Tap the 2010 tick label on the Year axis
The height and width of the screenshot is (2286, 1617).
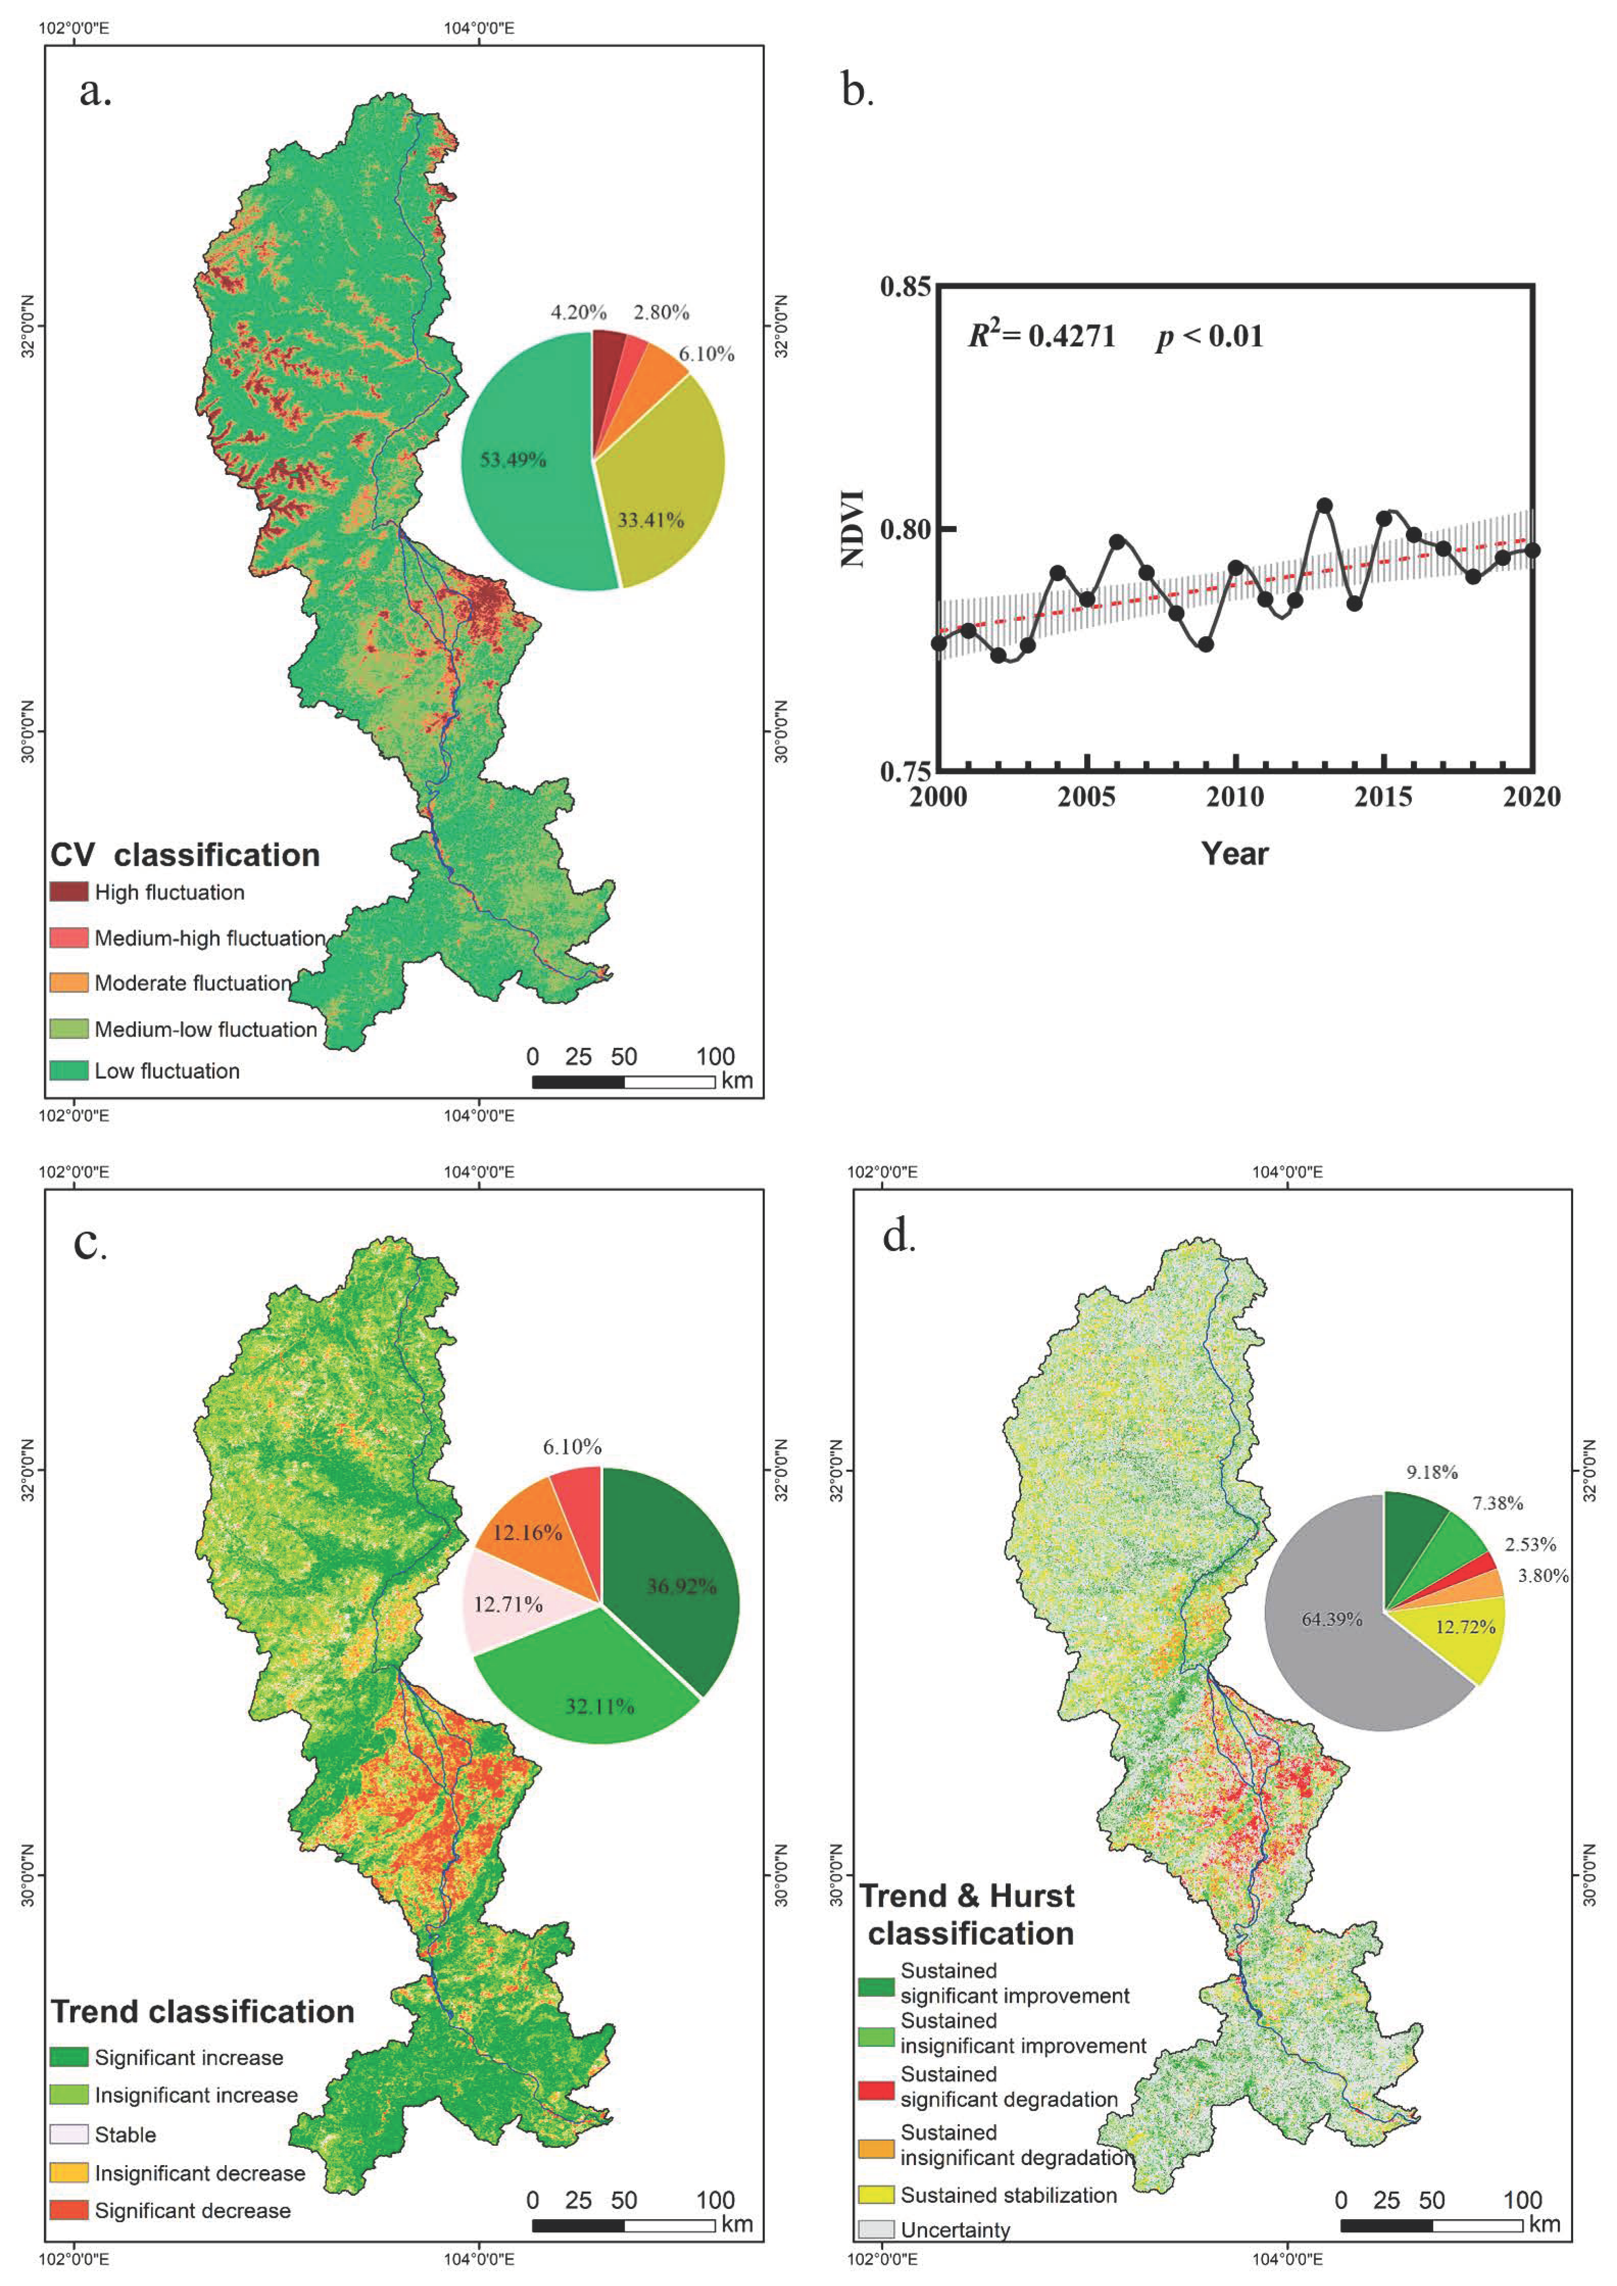1235,797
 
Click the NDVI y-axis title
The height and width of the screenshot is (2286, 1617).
853,529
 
